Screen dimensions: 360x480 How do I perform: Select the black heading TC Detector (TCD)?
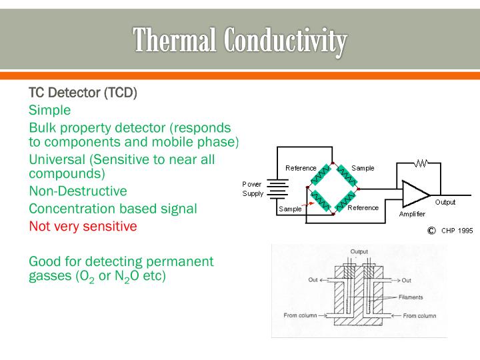tap(83, 92)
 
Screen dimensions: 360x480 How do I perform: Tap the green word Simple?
tap(49, 110)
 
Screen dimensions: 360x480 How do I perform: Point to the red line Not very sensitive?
tap(83, 226)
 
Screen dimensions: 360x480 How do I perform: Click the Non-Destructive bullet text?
tap(77, 191)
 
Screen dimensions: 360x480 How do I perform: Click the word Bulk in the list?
tap(42, 127)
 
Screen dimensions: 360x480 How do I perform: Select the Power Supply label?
tap(253, 189)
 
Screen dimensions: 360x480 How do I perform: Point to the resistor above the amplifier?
tap(421, 162)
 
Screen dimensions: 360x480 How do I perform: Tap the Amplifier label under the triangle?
tap(412, 214)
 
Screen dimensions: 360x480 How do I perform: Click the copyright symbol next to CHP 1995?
tap(431, 230)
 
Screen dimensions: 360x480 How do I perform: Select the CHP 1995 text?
tap(457, 231)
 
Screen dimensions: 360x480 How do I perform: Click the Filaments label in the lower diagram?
tap(411, 297)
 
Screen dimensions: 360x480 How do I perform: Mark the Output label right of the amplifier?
tap(445, 202)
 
